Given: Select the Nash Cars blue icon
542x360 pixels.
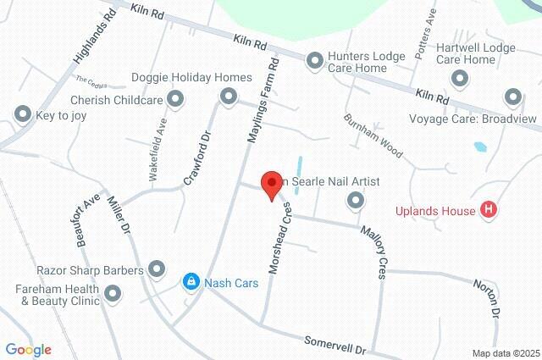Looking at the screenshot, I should pyautogui.click(x=191, y=281).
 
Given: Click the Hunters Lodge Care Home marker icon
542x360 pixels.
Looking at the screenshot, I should pyautogui.click(x=314, y=60).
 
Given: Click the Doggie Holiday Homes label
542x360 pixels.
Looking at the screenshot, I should pyautogui.click(x=191, y=77).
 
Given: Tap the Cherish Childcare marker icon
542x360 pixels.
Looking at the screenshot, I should pyautogui.click(x=176, y=100).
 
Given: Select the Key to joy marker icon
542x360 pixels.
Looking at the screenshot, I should pyautogui.click(x=21, y=114).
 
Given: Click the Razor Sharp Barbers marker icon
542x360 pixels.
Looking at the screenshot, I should pyautogui.click(x=157, y=269).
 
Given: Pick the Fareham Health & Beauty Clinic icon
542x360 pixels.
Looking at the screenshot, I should pyautogui.click(x=113, y=295).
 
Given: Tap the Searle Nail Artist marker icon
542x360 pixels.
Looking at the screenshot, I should pyautogui.click(x=356, y=201).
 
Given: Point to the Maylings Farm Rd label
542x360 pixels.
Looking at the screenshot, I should pyautogui.click(x=262, y=104).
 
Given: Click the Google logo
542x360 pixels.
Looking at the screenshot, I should pyautogui.click(x=28, y=350).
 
